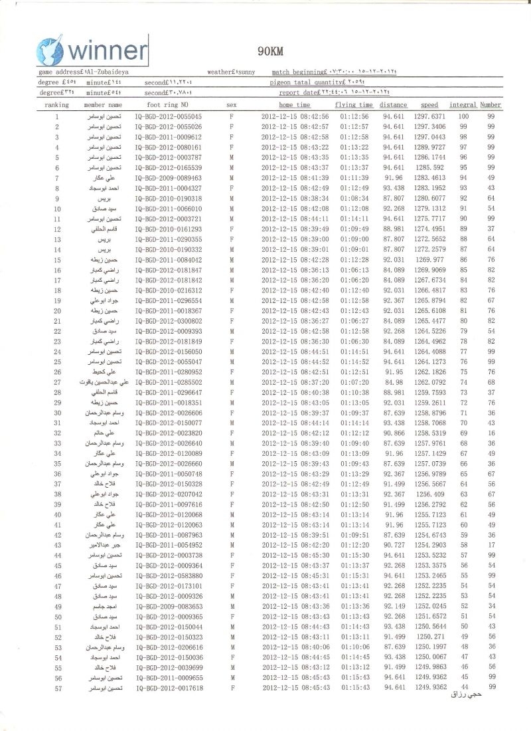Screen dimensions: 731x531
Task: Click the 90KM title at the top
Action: [268, 51]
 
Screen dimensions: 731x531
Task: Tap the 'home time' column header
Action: [294, 105]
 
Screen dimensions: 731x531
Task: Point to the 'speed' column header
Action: [429, 105]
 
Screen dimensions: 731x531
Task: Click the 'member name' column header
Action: [103, 105]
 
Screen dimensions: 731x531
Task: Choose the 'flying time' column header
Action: [354, 105]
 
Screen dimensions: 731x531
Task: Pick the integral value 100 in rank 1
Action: [464, 116]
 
